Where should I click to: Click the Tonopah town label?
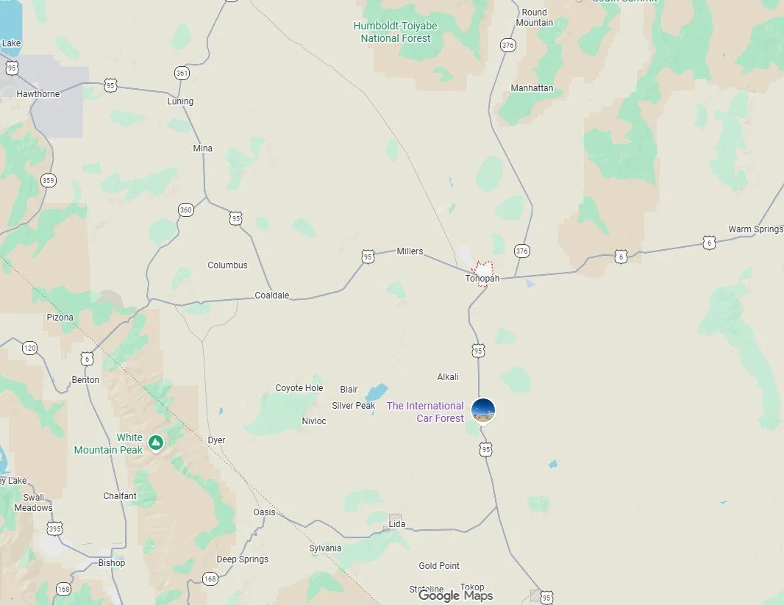482,279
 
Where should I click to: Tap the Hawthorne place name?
38,94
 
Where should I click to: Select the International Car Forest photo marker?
483,410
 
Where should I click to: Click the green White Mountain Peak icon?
155,442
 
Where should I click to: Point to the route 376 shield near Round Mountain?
507,46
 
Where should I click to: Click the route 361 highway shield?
182,73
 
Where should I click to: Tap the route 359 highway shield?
49,180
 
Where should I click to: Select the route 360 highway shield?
186,210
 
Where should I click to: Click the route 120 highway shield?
29,348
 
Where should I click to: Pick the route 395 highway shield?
54,529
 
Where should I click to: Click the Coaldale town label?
272,296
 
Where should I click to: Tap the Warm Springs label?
755,229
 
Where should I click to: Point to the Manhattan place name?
532,88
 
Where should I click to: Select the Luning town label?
180,101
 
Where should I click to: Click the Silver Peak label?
354,406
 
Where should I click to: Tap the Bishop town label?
112,563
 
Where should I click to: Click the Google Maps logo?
455,596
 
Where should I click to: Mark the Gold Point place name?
439,566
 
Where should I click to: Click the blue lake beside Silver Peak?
377,391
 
